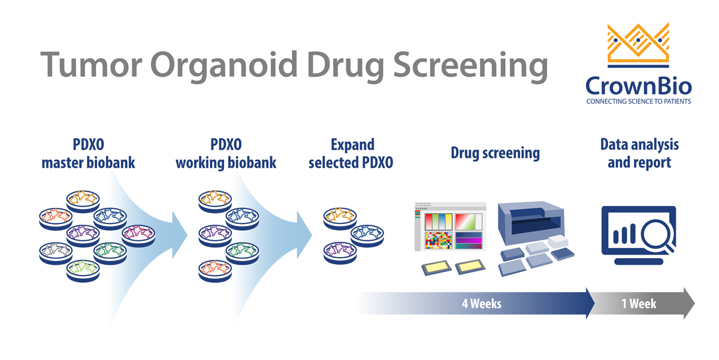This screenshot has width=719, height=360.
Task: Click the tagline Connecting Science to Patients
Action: coord(638,102)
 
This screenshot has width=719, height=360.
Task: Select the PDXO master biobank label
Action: coord(88,154)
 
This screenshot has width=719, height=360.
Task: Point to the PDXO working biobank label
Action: coord(226,154)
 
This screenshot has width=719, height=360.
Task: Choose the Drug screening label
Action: coord(495,153)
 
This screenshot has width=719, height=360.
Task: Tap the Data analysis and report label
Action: coord(639,153)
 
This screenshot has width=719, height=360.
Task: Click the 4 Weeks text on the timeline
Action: coord(481,304)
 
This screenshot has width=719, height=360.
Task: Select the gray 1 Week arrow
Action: coord(644,304)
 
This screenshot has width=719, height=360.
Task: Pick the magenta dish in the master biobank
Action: coord(140,234)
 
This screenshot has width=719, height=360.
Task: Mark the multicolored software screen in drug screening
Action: coord(449,231)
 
